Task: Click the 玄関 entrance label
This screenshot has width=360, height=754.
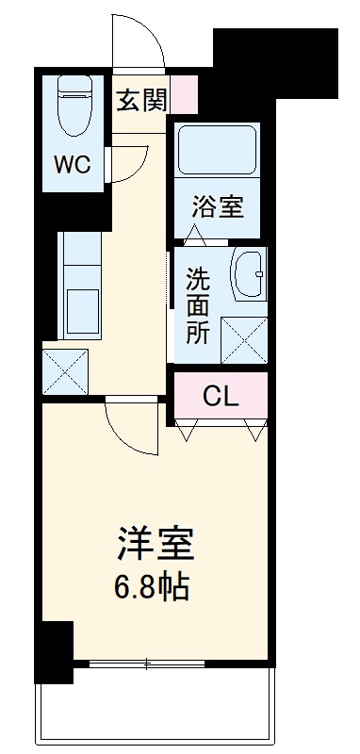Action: point(141,101)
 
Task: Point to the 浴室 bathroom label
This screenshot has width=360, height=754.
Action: point(218,206)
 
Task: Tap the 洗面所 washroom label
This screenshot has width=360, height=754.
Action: point(198,306)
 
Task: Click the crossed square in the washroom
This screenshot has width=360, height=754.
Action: point(243,339)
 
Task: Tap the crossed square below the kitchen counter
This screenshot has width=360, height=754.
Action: point(65,371)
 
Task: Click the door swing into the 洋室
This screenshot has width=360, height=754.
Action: point(130,426)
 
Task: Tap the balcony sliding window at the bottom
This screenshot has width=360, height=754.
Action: point(146,666)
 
